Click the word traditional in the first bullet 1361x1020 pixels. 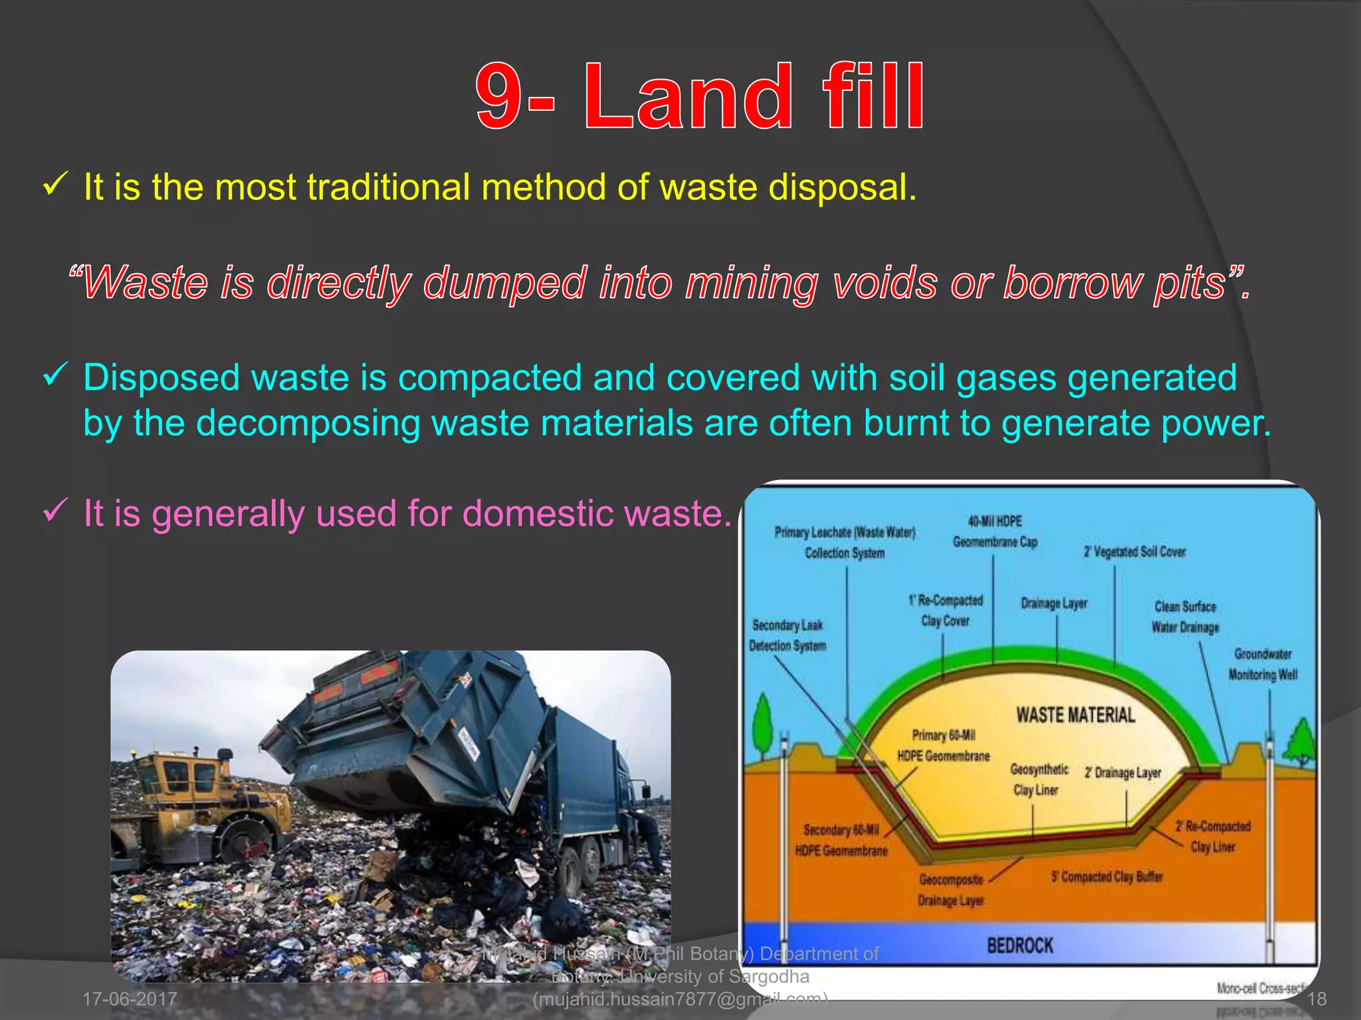point(388,187)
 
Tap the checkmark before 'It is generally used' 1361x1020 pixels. point(54,512)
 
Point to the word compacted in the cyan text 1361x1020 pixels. point(489,378)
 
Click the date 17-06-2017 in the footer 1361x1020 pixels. point(130,999)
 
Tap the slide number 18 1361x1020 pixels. point(1316,999)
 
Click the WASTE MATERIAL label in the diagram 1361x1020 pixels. point(1075,715)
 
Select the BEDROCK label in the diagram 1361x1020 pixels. point(1020,945)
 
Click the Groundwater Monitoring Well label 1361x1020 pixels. point(1263,664)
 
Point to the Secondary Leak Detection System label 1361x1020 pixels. point(787,636)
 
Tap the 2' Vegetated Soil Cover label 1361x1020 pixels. point(1134,552)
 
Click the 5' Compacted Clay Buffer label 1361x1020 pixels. point(1106,877)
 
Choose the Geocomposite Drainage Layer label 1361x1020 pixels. point(951,890)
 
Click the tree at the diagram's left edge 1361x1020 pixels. point(764,724)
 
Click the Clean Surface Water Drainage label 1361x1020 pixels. point(1185,617)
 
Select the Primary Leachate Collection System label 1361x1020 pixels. point(845,543)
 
